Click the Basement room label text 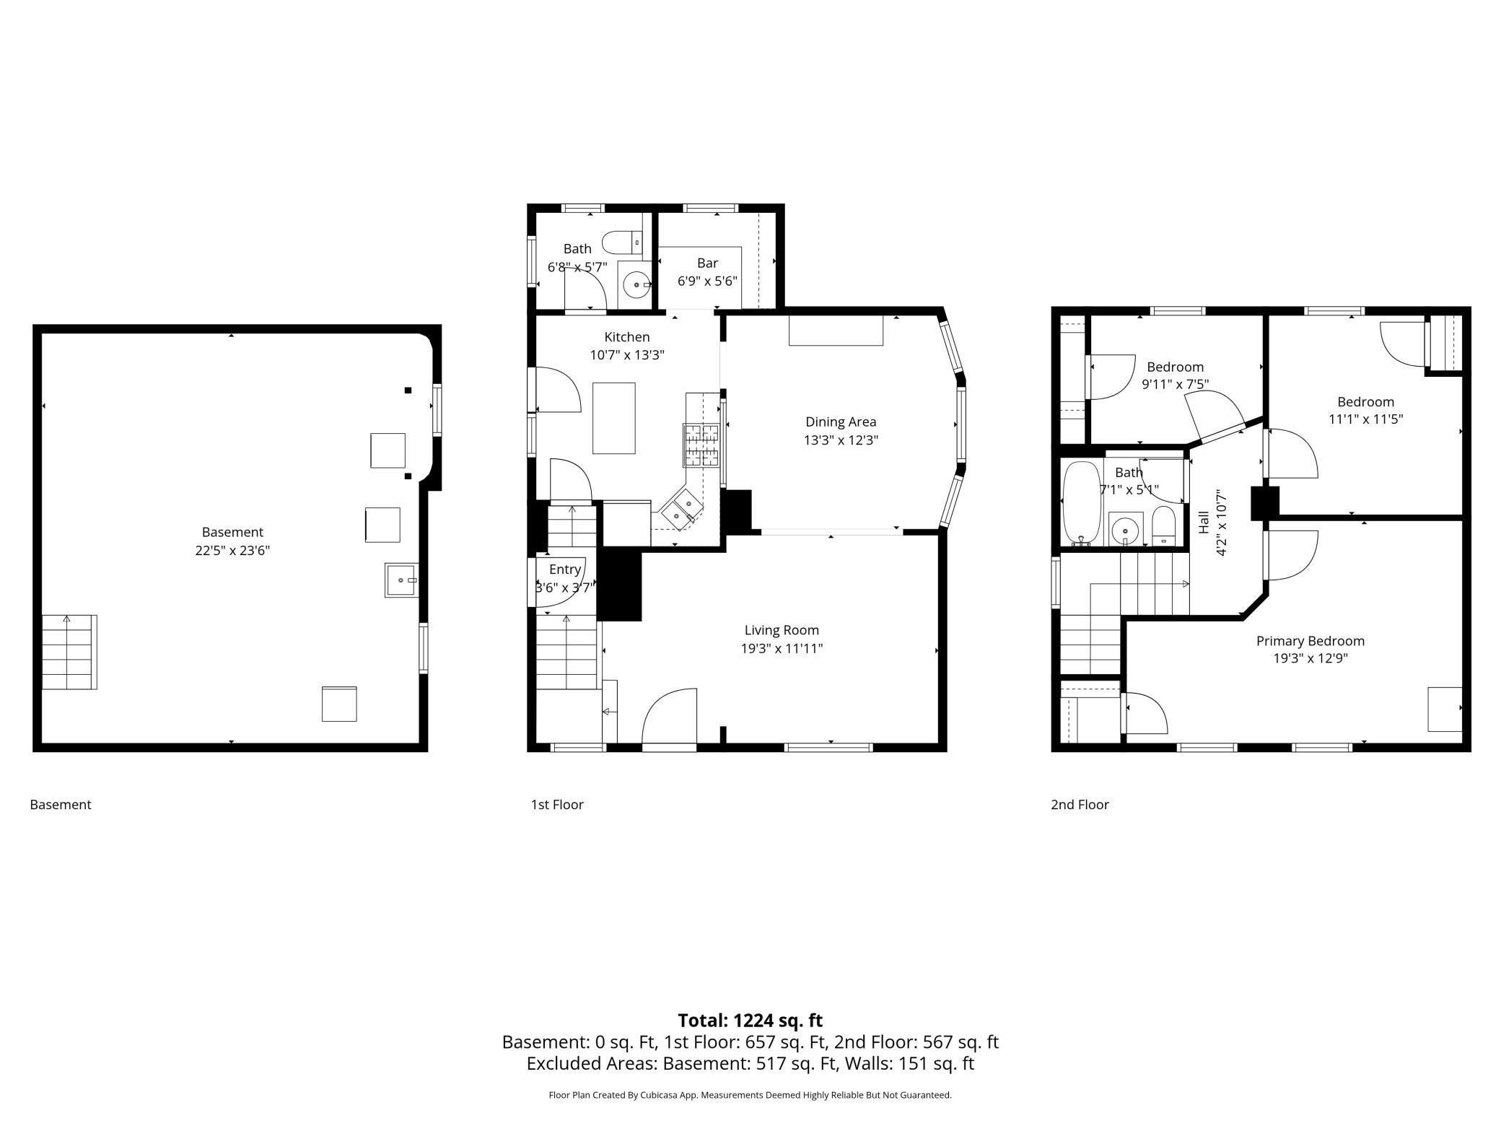pyautogui.click(x=232, y=532)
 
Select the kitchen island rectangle pyautogui.click(x=613, y=418)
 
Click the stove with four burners pyautogui.click(x=701, y=444)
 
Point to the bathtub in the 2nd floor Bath pyautogui.click(x=1081, y=502)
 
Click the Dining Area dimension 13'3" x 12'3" pyautogui.click(x=841, y=440)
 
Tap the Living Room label pyautogui.click(x=782, y=630)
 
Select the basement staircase pyautogui.click(x=69, y=652)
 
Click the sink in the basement pyautogui.click(x=401, y=580)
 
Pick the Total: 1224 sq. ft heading pyautogui.click(x=750, y=1021)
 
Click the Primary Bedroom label pyautogui.click(x=1310, y=641)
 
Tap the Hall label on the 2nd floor pyautogui.click(x=1203, y=522)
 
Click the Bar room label pyautogui.click(x=707, y=263)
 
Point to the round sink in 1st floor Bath pyautogui.click(x=636, y=285)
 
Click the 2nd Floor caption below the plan pyautogui.click(x=1079, y=804)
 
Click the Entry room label pyautogui.click(x=564, y=569)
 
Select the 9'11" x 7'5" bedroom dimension pyautogui.click(x=1175, y=384)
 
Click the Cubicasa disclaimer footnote pyautogui.click(x=750, y=1095)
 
